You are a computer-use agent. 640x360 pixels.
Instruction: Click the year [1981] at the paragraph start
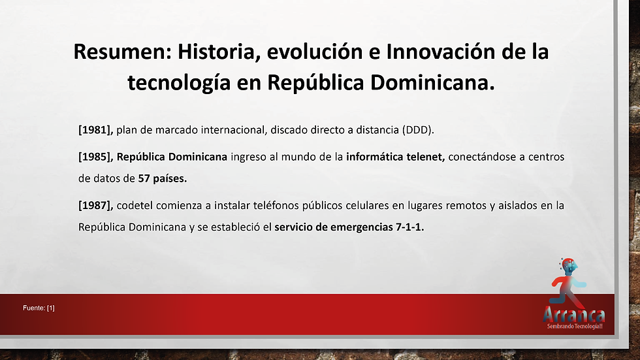click(96, 130)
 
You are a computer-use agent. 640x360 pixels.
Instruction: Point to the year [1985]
click(96, 157)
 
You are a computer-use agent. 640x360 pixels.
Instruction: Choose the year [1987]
click(96, 205)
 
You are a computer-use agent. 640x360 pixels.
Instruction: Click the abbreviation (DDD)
click(418, 130)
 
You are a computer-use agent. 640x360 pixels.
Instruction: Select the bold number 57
click(144, 178)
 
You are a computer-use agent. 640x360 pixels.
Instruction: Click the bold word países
click(170, 178)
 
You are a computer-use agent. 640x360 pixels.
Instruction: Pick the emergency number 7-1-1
click(410, 227)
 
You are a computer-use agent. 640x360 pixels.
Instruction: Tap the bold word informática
click(373, 157)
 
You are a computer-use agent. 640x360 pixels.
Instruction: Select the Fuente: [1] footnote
click(39, 308)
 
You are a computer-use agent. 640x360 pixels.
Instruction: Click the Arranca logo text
click(574, 315)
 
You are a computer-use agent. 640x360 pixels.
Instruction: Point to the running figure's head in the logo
click(569, 266)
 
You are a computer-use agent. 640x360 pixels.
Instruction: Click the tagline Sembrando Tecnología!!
click(575, 326)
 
